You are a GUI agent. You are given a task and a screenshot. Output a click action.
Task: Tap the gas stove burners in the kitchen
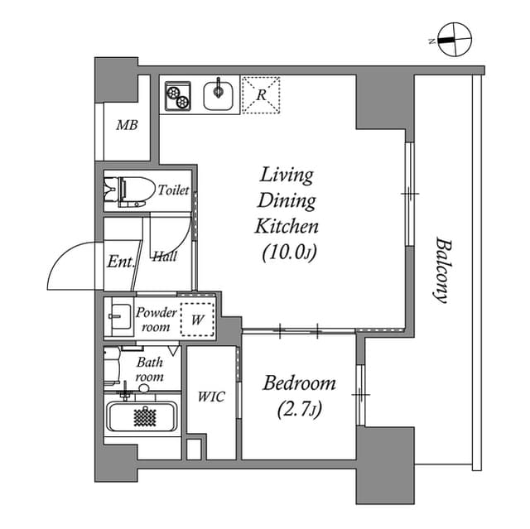tap(177, 94)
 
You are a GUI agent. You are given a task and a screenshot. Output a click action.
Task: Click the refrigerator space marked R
tap(261, 94)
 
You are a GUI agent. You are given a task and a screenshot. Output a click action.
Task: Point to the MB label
tap(126, 126)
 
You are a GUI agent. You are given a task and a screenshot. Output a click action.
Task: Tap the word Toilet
tap(174, 190)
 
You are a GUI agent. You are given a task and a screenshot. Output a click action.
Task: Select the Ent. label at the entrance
tap(120, 262)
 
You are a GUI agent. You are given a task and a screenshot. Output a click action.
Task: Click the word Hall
tap(164, 257)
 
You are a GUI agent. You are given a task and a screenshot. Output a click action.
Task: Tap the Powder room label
tap(156, 320)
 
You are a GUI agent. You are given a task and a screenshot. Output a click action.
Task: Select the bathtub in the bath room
tap(142, 416)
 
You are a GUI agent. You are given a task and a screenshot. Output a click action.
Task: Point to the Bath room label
tap(150, 369)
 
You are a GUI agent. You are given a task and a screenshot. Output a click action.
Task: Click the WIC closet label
tap(211, 397)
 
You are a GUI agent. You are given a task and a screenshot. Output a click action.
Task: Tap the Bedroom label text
tap(299, 383)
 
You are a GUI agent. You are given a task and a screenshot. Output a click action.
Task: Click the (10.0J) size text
tap(290, 252)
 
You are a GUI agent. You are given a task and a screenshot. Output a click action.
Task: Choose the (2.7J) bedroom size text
tap(299, 410)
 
